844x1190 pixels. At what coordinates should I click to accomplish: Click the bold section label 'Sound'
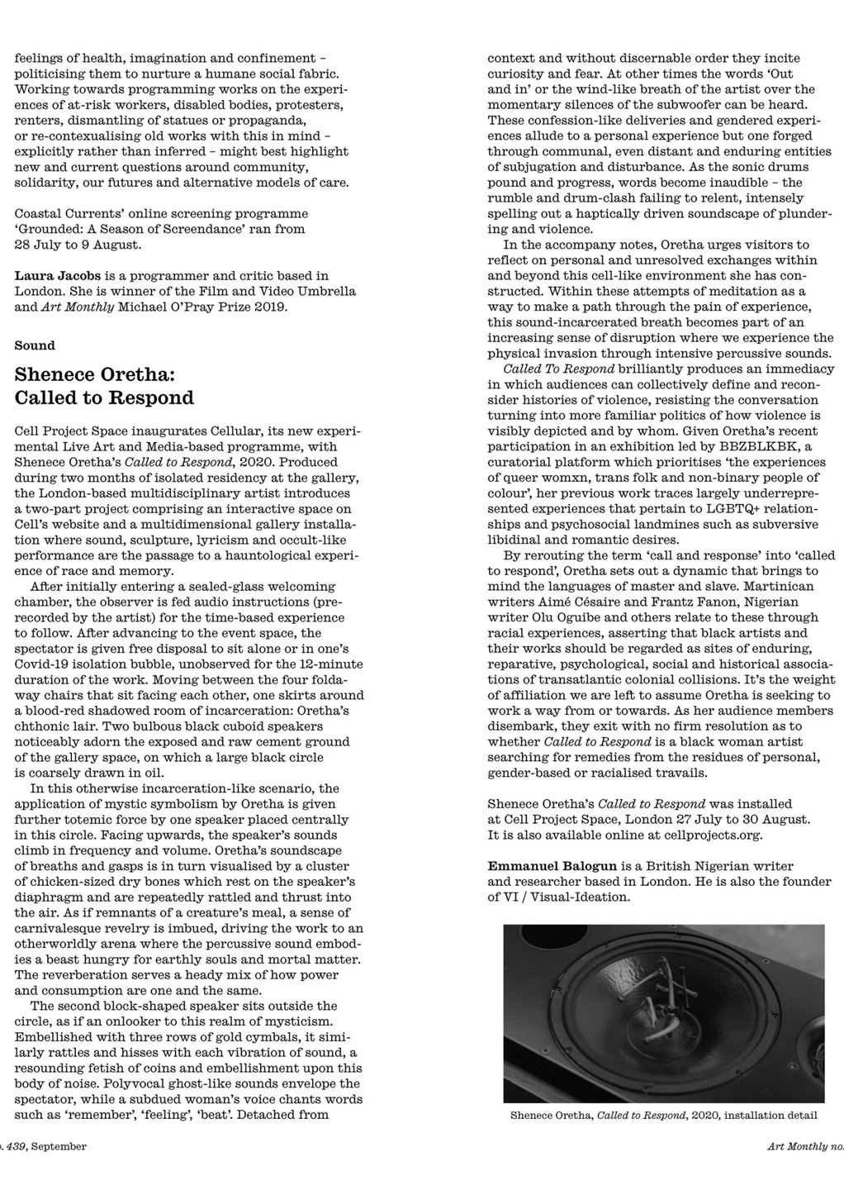[35, 345]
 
